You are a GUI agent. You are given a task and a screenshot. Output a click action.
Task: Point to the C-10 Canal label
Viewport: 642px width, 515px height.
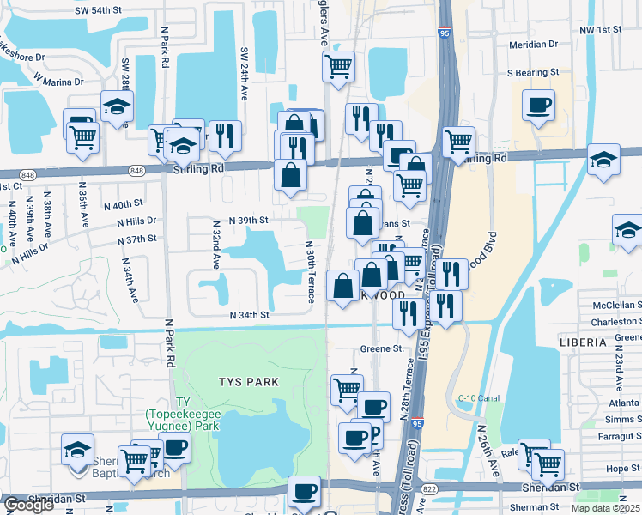478,397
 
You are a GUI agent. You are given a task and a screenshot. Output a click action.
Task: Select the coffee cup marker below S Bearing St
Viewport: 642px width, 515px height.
538,105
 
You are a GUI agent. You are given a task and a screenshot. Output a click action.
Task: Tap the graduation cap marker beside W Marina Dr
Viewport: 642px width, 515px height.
116,106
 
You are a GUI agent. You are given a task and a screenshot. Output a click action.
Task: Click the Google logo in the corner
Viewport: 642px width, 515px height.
28,505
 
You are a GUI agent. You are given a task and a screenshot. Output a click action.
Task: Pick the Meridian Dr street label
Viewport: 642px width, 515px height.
533,43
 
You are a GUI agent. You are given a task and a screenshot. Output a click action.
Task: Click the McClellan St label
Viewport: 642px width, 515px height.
610,305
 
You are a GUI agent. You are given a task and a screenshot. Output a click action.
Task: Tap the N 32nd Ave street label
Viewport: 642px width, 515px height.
218,244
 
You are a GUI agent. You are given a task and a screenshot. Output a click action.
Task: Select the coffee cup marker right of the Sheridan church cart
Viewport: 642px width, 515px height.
174,447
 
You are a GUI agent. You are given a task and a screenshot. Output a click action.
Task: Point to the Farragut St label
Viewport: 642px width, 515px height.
617,436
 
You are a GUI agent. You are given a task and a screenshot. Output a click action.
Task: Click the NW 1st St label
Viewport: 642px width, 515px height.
600,30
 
